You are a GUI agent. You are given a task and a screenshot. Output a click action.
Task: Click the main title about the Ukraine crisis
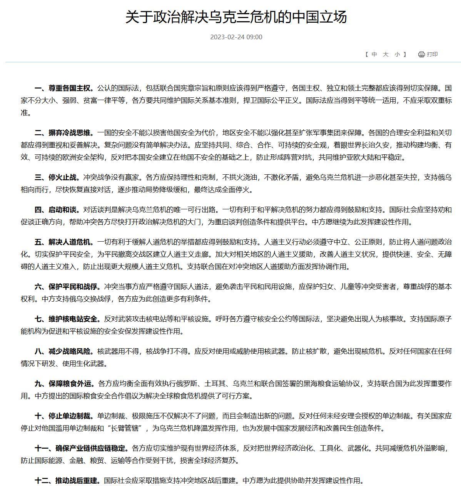click(236, 17)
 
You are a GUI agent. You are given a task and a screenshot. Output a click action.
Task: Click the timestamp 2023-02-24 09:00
click(236, 37)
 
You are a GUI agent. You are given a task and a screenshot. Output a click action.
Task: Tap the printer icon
click(421, 54)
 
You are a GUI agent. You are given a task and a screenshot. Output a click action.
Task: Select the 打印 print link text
click(432, 54)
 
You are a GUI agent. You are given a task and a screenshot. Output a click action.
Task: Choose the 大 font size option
click(386, 54)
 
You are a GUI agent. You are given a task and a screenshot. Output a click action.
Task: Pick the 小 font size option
click(397, 54)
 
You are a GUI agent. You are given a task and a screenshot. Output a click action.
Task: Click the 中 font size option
click(374, 54)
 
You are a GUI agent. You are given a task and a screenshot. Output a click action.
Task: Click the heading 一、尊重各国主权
click(64, 88)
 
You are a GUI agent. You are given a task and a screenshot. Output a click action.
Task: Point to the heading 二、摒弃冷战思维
click(64, 133)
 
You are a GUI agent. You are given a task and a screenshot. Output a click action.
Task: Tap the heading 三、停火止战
click(57, 177)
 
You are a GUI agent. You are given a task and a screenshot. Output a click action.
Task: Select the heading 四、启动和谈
click(57, 210)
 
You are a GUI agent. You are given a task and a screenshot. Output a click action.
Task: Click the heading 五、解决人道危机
click(64, 242)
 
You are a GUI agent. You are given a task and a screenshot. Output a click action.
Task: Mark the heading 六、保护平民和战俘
click(67, 287)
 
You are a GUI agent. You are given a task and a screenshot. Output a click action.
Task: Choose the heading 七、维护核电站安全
click(67, 319)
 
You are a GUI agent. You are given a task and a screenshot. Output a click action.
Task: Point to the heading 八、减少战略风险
click(64, 351)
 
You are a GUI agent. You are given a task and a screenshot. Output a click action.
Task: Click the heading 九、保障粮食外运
click(64, 384)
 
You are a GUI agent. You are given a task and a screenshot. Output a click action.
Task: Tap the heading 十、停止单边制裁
click(64, 416)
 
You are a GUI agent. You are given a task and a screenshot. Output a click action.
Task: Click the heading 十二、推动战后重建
click(67, 481)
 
